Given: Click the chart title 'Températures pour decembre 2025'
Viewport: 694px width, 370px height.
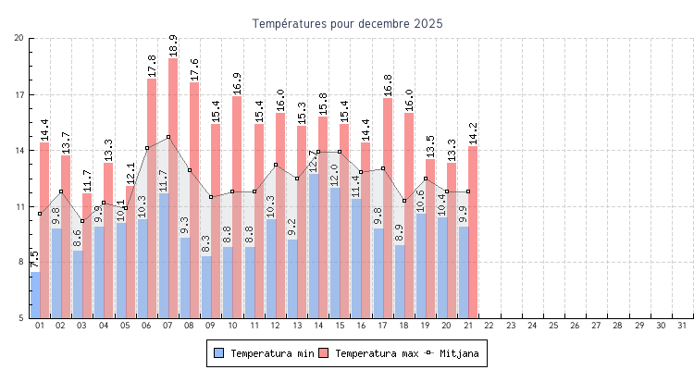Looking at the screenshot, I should tap(347, 23).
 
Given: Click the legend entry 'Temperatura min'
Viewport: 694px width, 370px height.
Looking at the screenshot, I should tap(264, 353).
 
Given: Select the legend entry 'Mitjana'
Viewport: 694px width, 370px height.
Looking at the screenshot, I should tap(453, 353).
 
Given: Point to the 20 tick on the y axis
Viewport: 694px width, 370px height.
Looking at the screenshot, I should tap(19, 38).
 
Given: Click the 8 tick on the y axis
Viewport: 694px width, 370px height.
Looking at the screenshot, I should tap(19, 262).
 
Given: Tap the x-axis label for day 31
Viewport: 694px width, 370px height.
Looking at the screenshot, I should tap(682, 326).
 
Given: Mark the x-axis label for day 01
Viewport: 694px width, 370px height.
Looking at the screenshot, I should tap(39, 326).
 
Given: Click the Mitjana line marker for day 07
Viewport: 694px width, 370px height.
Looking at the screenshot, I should tap(168, 137).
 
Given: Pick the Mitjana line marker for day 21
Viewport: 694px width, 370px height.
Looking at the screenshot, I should tap(468, 191).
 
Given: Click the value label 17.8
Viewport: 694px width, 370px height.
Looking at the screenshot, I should tap(152, 67).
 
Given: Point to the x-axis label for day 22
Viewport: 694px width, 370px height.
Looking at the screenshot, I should tap(489, 326).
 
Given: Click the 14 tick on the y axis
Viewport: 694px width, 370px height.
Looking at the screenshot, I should tap(19, 150).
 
